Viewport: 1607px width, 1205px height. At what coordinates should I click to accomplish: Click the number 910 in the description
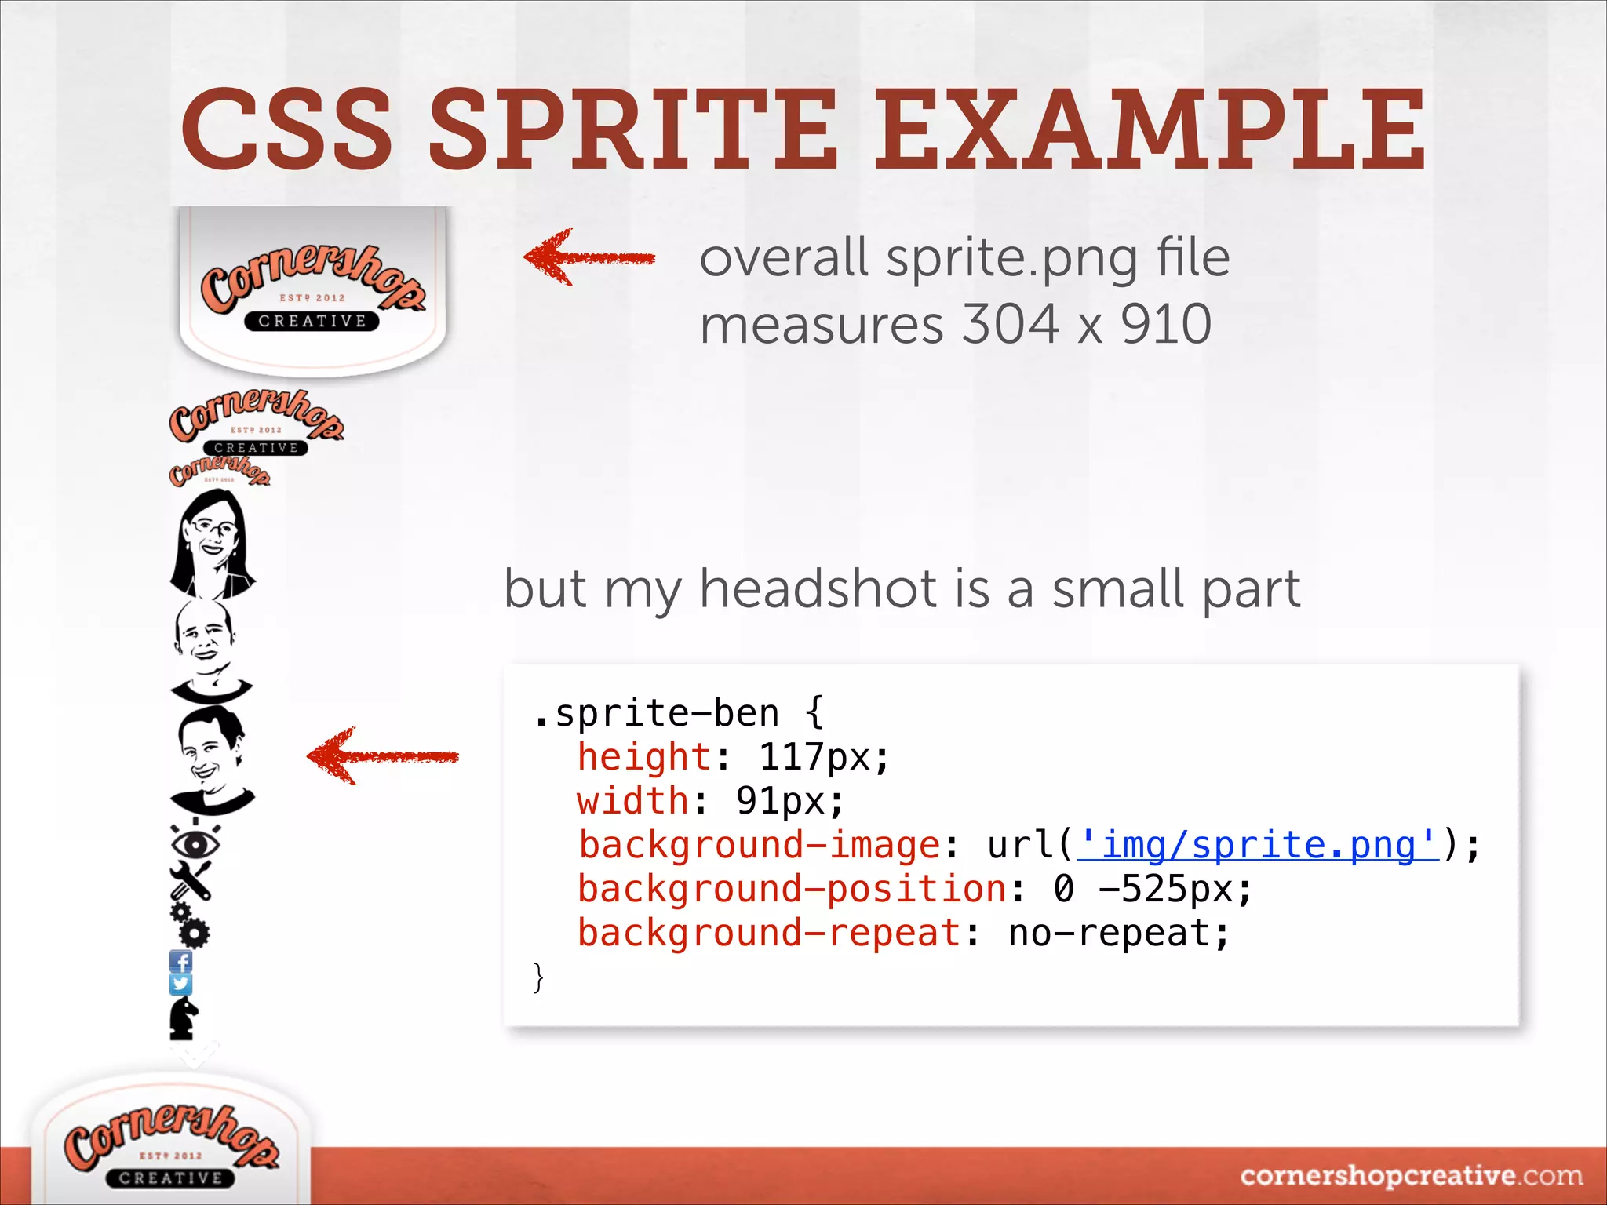point(1166,325)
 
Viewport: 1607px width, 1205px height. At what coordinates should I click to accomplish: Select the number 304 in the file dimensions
point(1011,325)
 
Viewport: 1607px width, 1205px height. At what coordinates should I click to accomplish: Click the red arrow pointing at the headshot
point(383,756)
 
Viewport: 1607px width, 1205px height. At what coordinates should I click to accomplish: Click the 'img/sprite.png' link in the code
point(1259,846)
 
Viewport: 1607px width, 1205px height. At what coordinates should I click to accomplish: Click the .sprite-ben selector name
point(657,713)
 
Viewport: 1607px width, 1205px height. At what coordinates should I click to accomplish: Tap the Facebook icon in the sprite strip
point(181,961)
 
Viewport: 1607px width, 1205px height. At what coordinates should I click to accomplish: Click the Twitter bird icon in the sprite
point(181,984)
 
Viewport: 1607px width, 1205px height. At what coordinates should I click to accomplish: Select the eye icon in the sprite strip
point(195,843)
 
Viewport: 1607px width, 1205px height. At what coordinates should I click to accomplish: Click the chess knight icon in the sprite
point(184,1018)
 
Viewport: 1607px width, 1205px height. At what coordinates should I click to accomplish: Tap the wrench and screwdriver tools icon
point(191,880)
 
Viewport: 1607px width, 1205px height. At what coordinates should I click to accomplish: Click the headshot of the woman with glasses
point(210,543)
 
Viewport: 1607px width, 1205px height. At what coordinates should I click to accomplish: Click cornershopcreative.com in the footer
point(1411,1176)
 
